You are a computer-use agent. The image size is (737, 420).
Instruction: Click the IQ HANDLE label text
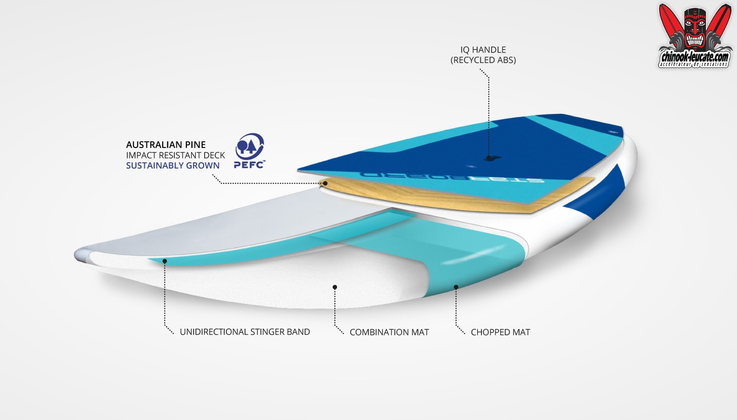point(483,50)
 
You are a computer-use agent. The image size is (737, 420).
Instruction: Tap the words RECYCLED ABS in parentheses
point(483,60)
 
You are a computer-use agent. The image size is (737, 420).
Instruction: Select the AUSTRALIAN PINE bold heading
point(166,144)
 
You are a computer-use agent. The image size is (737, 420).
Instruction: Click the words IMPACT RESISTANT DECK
point(175,155)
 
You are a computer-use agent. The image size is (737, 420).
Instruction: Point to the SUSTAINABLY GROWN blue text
point(173,166)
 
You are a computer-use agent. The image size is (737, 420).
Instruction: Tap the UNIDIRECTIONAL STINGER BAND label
point(245,332)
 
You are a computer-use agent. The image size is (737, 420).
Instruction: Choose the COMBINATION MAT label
point(389,332)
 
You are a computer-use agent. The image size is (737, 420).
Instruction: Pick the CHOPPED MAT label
point(500,332)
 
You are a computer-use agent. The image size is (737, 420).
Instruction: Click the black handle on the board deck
point(488,157)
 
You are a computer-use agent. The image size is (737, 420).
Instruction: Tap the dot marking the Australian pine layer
point(325,183)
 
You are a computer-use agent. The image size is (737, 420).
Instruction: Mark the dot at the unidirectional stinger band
point(164,260)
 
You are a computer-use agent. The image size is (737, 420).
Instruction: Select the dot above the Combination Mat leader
point(334,287)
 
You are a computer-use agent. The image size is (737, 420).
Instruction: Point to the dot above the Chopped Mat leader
point(456,287)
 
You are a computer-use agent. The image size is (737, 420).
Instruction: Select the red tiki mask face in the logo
point(694,26)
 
